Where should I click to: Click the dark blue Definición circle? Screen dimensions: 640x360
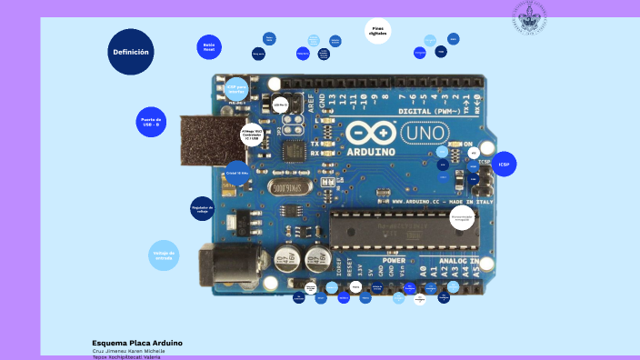pyautogui.click(x=131, y=52)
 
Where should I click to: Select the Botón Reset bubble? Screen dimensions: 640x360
pyautogui.click(x=209, y=47)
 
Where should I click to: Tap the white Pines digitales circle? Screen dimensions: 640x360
pyautogui.click(x=378, y=31)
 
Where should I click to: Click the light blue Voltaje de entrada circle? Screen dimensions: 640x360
pyautogui.click(x=164, y=255)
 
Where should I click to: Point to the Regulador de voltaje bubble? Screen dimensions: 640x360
pyautogui.click(x=203, y=209)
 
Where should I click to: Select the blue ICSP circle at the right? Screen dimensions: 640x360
pyautogui.click(x=504, y=165)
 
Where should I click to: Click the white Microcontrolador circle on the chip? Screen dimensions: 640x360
pyautogui.click(x=463, y=217)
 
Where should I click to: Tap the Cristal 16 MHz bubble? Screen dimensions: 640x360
pyautogui.click(x=237, y=173)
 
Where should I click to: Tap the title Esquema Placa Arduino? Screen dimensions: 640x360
pyautogui.click(x=137, y=343)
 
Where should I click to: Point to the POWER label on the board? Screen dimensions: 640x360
pyautogui.click(x=394, y=260)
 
